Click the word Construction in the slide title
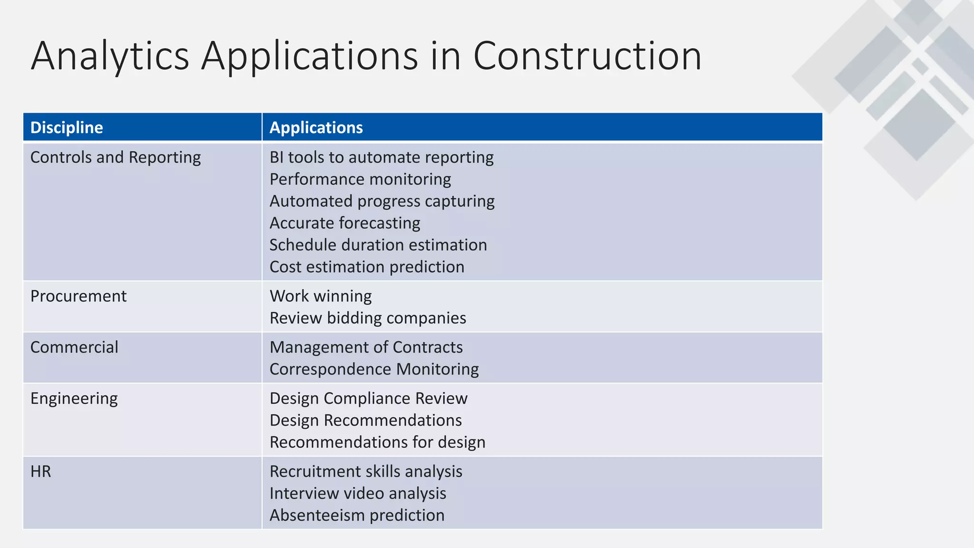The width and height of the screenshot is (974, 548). pos(587,56)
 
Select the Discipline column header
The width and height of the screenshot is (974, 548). pos(67,127)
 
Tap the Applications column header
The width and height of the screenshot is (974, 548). pos(316,127)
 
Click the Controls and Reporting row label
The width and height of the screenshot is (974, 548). pos(116,157)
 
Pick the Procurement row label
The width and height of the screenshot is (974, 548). pos(78,296)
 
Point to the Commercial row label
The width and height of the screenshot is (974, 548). pos(74,347)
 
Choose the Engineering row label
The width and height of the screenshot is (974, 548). pos(74,399)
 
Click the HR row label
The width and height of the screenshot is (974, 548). pos(41,471)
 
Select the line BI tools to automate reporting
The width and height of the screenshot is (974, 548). pos(381,157)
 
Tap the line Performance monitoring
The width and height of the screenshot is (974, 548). pos(360,179)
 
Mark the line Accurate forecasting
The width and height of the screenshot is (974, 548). pos(345,223)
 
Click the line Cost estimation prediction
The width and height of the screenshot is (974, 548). pos(367,267)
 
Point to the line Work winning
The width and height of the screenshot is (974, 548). pos(321,296)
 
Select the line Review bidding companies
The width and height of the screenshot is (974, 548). pos(368,318)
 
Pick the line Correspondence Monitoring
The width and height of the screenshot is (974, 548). pos(374,369)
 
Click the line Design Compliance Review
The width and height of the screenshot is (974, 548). pos(369,399)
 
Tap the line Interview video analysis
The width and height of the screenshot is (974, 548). pos(358,493)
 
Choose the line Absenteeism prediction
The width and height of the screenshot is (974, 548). pos(357,515)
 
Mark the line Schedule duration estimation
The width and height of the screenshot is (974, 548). pos(378,245)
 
